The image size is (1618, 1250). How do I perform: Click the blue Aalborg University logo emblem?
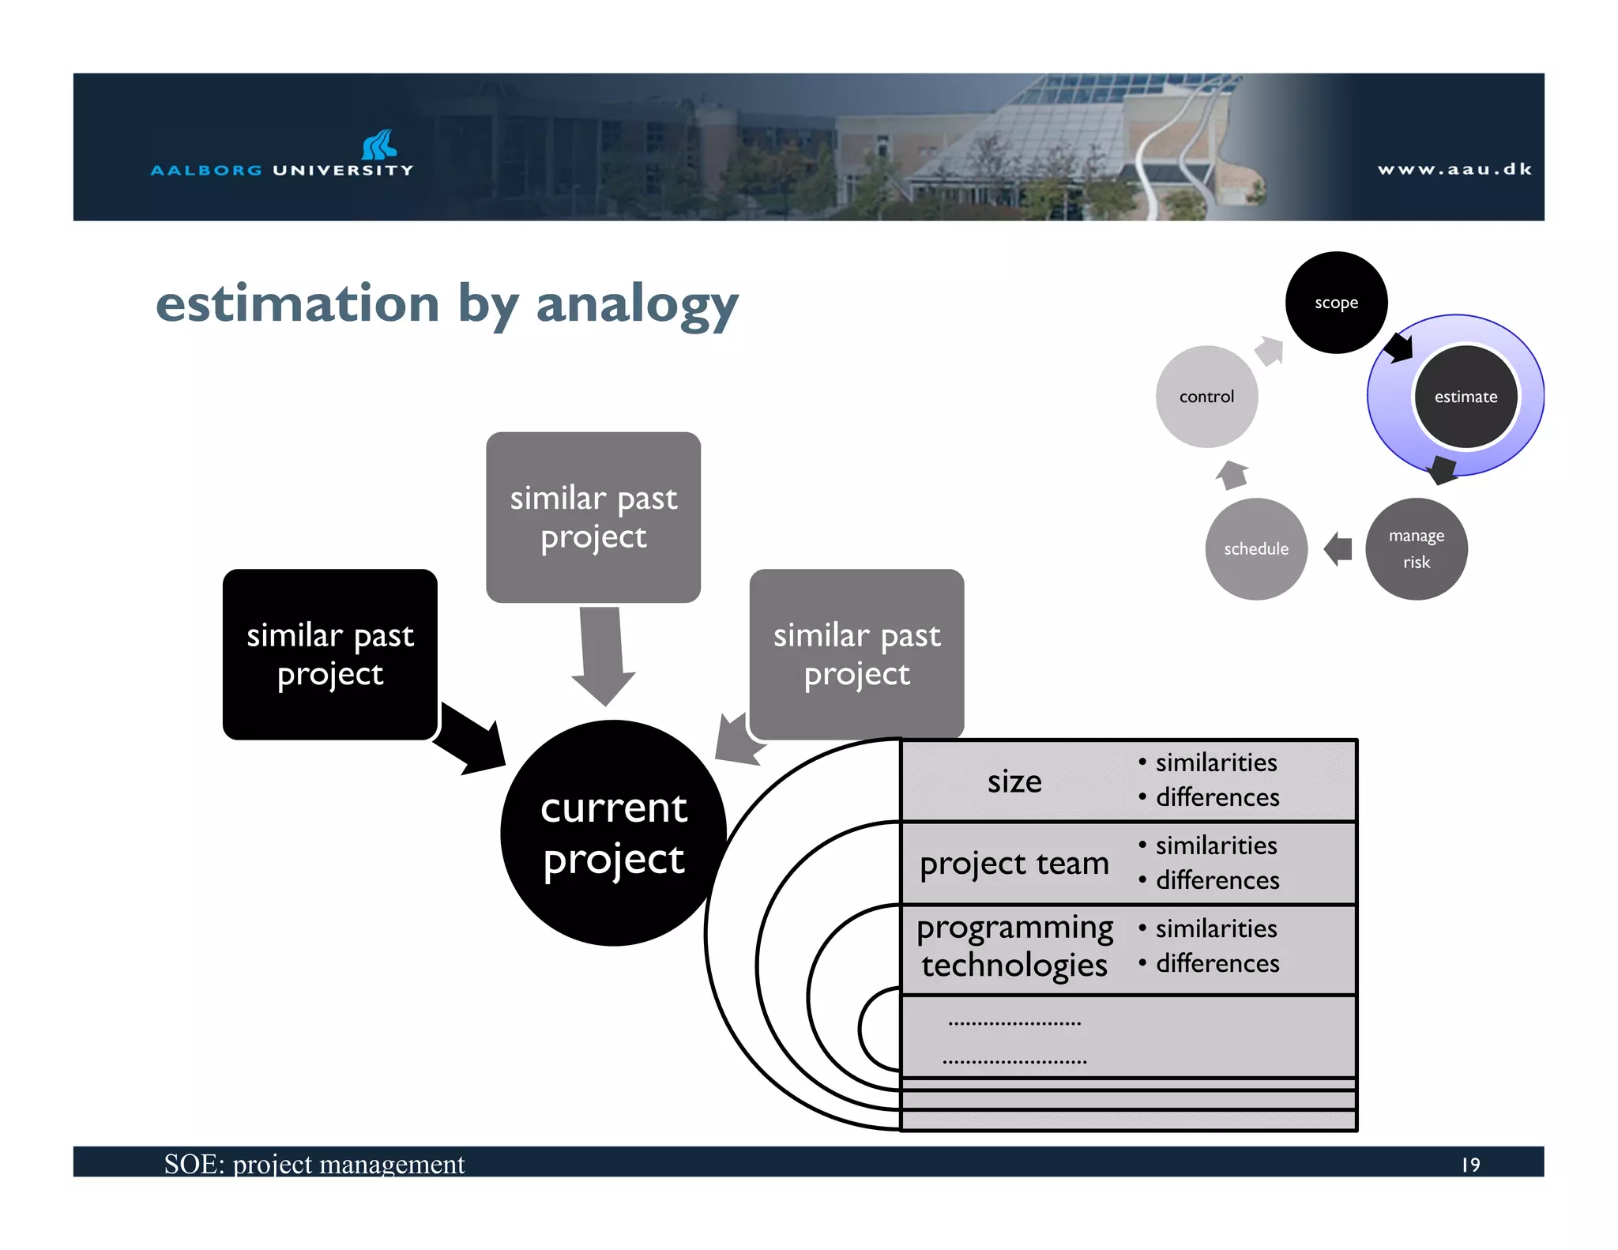click(x=378, y=145)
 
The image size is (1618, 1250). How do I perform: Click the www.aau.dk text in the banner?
click(x=1454, y=169)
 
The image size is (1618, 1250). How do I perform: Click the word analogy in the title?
click(x=637, y=306)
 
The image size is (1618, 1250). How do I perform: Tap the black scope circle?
click(x=1336, y=303)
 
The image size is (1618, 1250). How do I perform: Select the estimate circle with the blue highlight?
click(x=1466, y=397)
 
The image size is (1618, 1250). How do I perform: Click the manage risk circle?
click(x=1416, y=549)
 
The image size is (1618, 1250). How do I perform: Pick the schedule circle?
click(x=1255, y=549)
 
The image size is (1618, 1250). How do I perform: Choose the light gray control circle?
click(x=1206, y=397)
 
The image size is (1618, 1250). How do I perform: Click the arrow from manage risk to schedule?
click(x=1338, y=548)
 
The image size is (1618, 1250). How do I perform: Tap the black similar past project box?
click(x=329, y=654)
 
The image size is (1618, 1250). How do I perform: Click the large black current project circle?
click(x=613, y=833)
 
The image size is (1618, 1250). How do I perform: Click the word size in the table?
click(x=1014, y=781)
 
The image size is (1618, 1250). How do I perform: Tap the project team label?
click(x=1014, y=864)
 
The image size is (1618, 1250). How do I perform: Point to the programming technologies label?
click(x=1014, y=946)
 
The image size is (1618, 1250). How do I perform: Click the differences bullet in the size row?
click(x=1217, y=797)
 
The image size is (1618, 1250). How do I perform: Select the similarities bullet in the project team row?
click(x=1215, y=845)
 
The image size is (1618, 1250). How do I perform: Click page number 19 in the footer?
click(x=1470, y=1165)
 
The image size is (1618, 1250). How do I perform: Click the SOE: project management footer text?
click(x=314, y=1164)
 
